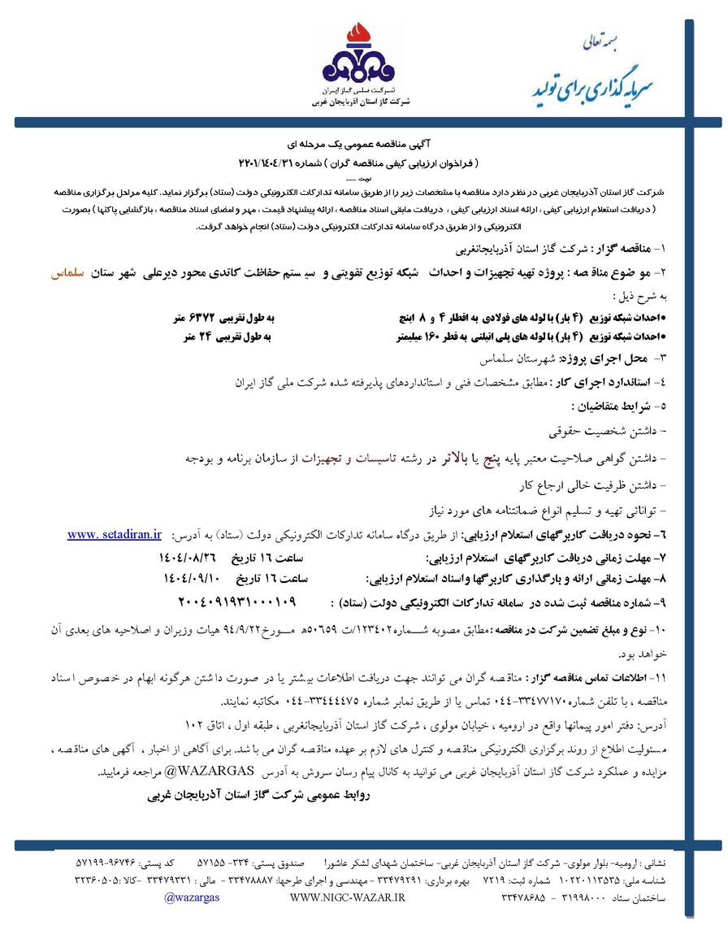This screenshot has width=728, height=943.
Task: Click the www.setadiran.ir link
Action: (115, 534)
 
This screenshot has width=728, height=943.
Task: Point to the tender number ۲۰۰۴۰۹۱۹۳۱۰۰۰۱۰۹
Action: (236, 602)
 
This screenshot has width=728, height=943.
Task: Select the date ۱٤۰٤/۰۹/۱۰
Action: (192, 580)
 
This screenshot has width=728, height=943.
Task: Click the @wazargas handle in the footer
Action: (189, 897)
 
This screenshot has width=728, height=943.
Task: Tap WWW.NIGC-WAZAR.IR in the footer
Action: (347, 897)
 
